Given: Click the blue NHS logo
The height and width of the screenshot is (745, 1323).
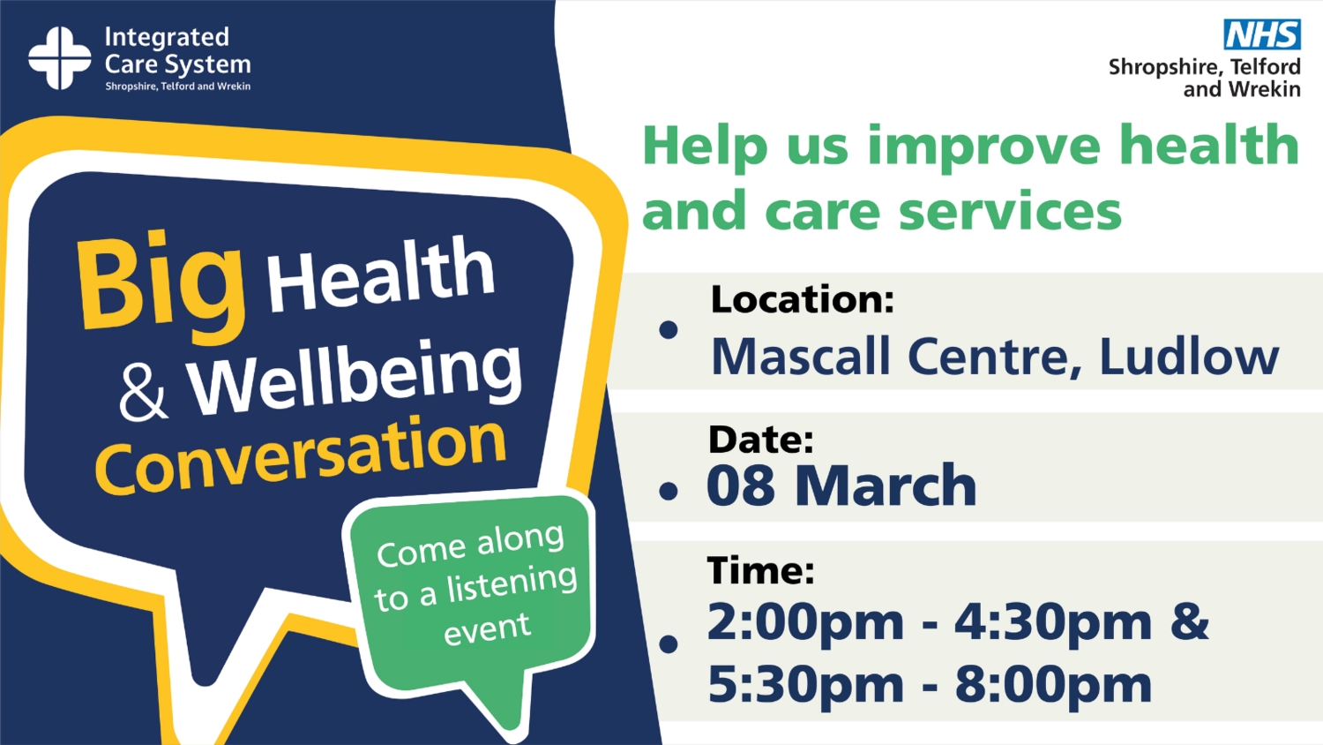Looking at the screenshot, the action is pyautogui.click(x=1261, y=34).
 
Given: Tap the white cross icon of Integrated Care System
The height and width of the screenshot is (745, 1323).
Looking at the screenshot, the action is pyautogui.click(x=60, y=58).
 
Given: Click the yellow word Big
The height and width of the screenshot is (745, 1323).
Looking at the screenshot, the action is pyautogui.click(x=161, y=288).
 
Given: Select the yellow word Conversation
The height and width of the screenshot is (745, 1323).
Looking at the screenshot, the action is pyautogui.click(x=301, y=455).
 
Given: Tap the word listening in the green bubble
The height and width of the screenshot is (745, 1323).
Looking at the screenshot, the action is pyautogui.click(x=512, y=584).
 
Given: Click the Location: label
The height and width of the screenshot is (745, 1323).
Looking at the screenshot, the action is pyautogui.click(x=803, y=299).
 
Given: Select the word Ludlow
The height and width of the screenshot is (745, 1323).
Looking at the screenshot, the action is pyautogui.click(x=1189, y=357).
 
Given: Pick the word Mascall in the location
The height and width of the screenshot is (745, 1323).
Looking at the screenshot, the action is pyautogui.click(x=800, y=357).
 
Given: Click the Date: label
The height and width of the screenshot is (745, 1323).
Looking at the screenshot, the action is pyautogui.click(x=760, y=440).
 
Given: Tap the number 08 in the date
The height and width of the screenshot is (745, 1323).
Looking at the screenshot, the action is pyautogui.click(x=741, y=485).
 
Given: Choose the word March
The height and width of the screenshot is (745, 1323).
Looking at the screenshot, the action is pyautogui.click(x=886, y=485).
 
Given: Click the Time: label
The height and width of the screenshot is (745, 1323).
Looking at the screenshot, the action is pyautogui.click(x=760, y=570).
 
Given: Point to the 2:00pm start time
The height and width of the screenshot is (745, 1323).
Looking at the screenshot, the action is pyautogui.click(x=805, y=623).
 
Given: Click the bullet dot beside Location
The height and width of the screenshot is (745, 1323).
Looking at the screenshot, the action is pyautogui.click(x=668, y=330).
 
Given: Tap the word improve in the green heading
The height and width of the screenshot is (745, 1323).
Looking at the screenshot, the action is pyautogui.click(x=984, y=147).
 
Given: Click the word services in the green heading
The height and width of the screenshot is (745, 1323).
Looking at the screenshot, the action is pyautogui.click(x=1010, y=211).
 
